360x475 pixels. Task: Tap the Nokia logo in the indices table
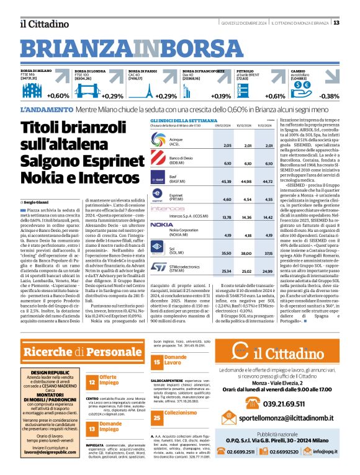161,224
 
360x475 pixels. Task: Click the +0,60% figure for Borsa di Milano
58,96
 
